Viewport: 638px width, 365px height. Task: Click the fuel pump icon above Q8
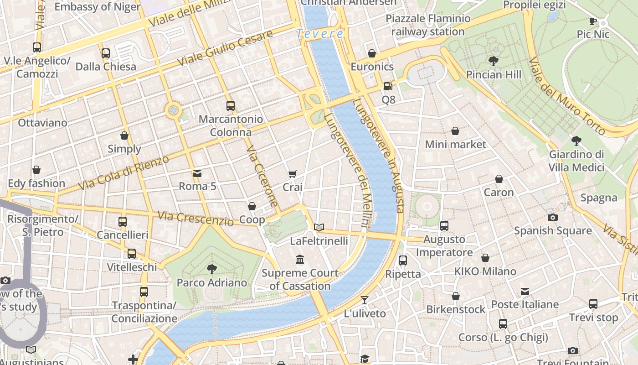387,86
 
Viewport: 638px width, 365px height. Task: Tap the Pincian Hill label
494,74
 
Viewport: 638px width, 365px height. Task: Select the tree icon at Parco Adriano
211,269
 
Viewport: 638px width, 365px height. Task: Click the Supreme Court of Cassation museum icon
300,259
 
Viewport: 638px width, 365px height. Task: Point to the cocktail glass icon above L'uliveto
365,300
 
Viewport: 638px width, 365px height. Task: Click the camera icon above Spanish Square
552,217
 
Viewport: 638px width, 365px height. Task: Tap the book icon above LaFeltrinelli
319,227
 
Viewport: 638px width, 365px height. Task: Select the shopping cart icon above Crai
292,174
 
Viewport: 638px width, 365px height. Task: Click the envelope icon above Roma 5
197,173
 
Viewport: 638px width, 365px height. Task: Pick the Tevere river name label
320,33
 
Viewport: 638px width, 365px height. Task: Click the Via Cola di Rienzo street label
123,173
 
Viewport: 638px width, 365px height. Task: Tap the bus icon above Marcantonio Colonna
231,106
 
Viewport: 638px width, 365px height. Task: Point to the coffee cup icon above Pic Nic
592,21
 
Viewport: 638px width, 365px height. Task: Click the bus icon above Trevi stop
593,303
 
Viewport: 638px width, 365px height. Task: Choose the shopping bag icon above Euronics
372,53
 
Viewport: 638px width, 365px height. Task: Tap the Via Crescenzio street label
196,219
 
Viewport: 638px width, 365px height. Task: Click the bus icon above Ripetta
403,261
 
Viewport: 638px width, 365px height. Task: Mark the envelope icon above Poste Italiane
525,291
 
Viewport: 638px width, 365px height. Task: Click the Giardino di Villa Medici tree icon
576,141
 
